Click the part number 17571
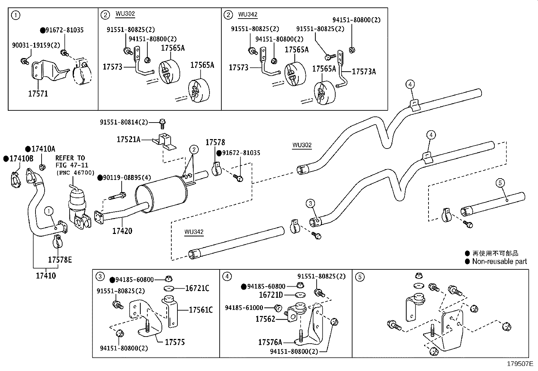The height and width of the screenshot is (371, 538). point(38,94)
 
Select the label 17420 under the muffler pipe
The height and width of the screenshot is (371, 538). point(122,231)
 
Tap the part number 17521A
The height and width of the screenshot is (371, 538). point(128,139)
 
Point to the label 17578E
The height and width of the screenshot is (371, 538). point(60,260)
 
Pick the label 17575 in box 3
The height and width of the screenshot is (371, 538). point(175,342)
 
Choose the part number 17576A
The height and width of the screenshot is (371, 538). point(270,342)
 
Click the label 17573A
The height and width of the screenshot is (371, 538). point(364,72)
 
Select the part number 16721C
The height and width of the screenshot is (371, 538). point(197,288)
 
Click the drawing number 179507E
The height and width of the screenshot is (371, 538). point(520,364)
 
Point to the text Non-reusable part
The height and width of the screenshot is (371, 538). point(499,261)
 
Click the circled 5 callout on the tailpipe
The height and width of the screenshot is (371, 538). point(500,183)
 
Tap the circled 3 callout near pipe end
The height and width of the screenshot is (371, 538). point(310,203)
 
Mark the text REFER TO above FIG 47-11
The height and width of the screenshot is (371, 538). point(70,158)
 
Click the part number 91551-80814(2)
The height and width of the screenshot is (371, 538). point(124,122)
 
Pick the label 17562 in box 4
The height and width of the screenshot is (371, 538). point(265,319)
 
